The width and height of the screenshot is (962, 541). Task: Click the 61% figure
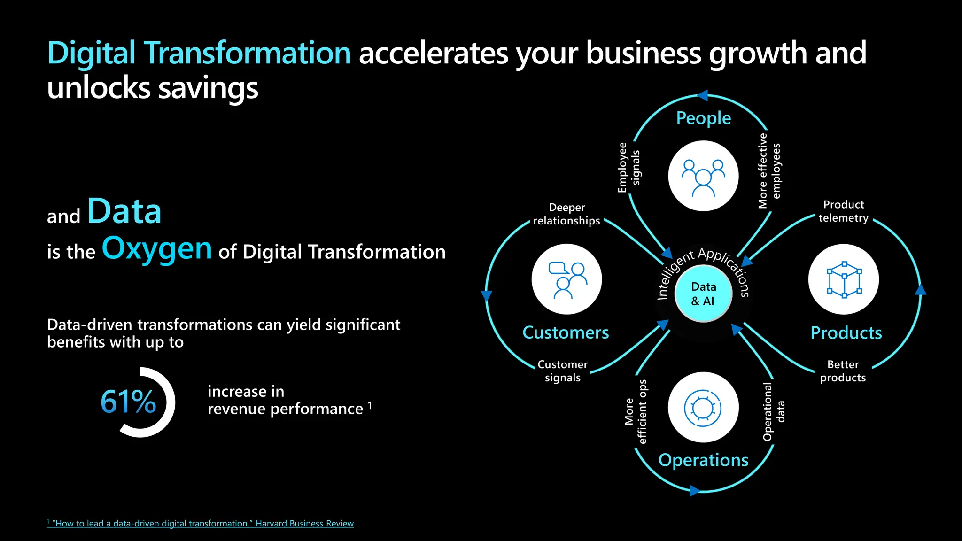coord(128,402)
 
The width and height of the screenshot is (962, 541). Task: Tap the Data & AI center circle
coord(703,294)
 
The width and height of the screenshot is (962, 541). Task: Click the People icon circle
coord(703,176)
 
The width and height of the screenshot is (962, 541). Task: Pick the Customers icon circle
coord(566,279)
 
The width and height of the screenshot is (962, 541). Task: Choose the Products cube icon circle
coord(844,279)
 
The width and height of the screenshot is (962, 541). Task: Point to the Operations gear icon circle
coord(703,407)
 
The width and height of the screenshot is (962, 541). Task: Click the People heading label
coord(703,118)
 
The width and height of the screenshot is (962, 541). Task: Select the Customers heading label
coord(566,332)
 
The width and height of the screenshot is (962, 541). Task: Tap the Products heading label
coord(846,332)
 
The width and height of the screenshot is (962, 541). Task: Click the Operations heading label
coord(703,460)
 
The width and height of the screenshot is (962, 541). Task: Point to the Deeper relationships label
coord(566,214)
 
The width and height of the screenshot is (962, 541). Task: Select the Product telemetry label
coord(843,211)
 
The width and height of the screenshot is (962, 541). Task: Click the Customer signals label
coord(562,371)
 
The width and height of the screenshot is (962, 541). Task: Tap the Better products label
coord(843,371)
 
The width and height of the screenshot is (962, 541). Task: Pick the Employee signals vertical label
coord(628,168)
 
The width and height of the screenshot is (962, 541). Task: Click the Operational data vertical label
coord(773,411)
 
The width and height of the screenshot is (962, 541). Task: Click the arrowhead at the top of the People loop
coord(702,96)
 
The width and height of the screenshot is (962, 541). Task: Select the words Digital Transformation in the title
coord(199,53)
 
